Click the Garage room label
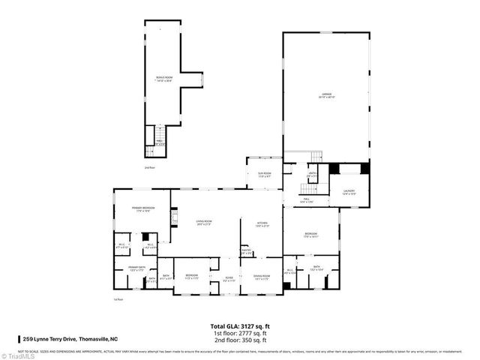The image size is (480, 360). (x=326, y=95)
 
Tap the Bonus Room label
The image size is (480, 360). (x=164, y=79)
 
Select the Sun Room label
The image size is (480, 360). (x=264, y=175)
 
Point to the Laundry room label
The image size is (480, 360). (x=349, y=192)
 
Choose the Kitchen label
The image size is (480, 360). (x=262, y=223)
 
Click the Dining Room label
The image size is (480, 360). (x=261, y=277)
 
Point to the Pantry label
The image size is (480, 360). (x=245, y=253)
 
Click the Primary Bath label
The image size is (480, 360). (x=136, y=268)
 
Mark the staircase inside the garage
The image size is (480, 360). (x=316, y=155)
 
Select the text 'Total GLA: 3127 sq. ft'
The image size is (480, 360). (x=239, y=326)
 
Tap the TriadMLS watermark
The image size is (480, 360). (x=18, y=355)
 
